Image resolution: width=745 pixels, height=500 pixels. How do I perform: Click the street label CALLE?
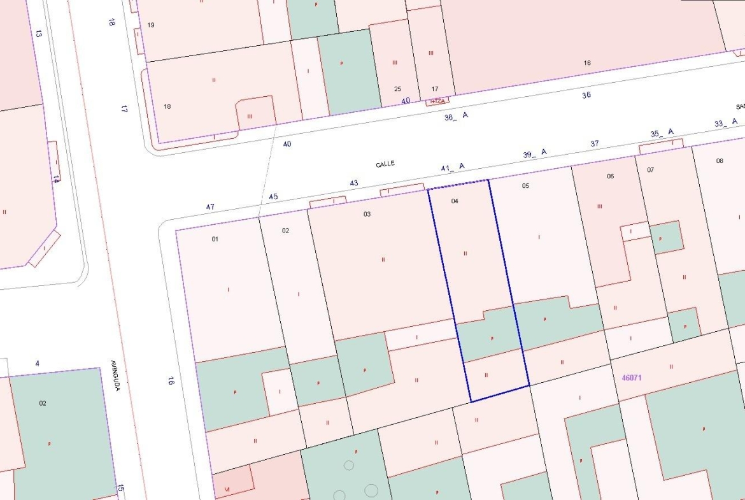pos(385,164)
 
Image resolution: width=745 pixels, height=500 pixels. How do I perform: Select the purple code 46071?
pos(632,378)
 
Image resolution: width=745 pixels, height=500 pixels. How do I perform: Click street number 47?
pos(210,206)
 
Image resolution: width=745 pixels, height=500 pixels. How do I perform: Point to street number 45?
pos(273,196)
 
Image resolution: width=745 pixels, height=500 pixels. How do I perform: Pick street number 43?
pos(354,183)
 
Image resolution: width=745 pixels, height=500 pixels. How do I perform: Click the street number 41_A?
pos(453,168)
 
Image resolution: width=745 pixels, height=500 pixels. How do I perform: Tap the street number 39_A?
pos(535,154)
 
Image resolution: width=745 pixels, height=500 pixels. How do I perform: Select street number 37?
pos(595,143)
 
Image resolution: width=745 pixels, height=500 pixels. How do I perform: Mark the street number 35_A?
pos(662,133)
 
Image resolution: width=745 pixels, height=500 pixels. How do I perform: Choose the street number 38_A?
pos(456,116)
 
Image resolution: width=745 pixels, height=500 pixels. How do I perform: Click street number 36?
pos(586,95)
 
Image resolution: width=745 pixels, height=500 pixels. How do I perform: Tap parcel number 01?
pos(215,239)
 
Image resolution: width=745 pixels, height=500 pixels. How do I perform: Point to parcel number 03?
pos(367,214)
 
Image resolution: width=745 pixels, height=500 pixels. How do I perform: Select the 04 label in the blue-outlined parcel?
pos(455,201)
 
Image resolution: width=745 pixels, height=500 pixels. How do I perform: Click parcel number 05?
pos(525,186)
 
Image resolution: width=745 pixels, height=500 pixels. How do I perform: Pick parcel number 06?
pos(610,176)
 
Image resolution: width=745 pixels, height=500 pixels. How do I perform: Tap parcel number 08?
pos(720,161)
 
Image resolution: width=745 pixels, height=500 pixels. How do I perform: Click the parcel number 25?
pos(398,89)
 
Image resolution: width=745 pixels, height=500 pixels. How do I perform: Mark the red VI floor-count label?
pos(227,489)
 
